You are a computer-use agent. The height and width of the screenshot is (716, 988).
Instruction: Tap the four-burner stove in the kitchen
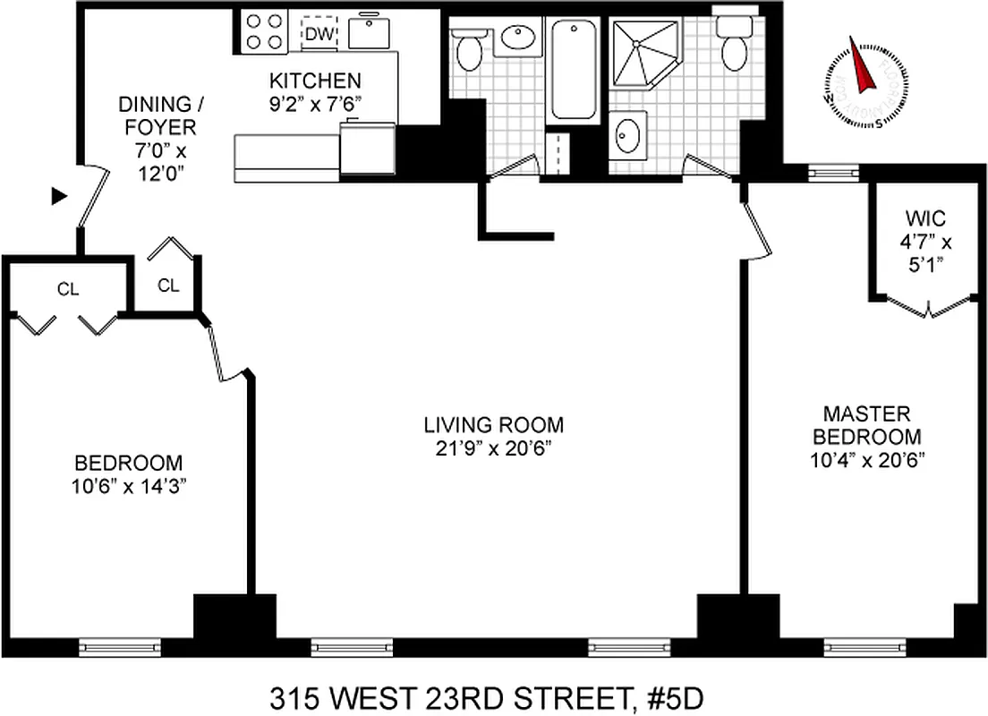pyautogui.click(x=264, y=30)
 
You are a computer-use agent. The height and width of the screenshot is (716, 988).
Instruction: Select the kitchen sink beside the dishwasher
pyautogui.click(x=368, y=32)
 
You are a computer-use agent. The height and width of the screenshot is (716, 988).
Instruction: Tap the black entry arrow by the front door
pyautogui.click(x=59, y=196)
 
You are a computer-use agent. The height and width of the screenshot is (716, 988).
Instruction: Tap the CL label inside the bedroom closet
pyautogui.click(x=68, y=288)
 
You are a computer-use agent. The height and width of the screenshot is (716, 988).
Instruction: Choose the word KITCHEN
pyautogui.click(x=318, y=80)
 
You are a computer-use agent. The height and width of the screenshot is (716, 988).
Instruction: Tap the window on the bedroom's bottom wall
pyautogui.click(x=119, y=644)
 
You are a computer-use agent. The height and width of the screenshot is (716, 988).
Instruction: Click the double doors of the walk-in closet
pyautogui.click(x=927, y=306)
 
